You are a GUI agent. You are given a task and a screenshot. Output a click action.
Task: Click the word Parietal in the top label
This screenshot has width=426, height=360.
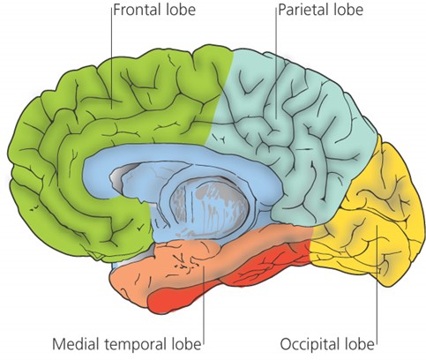303,10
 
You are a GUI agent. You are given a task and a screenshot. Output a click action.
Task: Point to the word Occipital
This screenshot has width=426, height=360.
310,344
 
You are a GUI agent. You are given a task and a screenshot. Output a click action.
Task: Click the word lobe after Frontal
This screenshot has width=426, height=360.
180,10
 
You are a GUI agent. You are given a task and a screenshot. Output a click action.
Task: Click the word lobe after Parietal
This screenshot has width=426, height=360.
348,10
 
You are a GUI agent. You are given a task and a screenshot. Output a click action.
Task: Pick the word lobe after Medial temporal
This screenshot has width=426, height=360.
186,343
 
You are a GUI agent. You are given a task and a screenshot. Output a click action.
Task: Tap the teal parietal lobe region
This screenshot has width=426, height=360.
294,124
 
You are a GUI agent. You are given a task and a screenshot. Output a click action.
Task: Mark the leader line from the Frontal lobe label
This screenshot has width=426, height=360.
112,59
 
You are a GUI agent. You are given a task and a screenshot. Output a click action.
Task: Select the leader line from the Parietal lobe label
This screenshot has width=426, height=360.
276,64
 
